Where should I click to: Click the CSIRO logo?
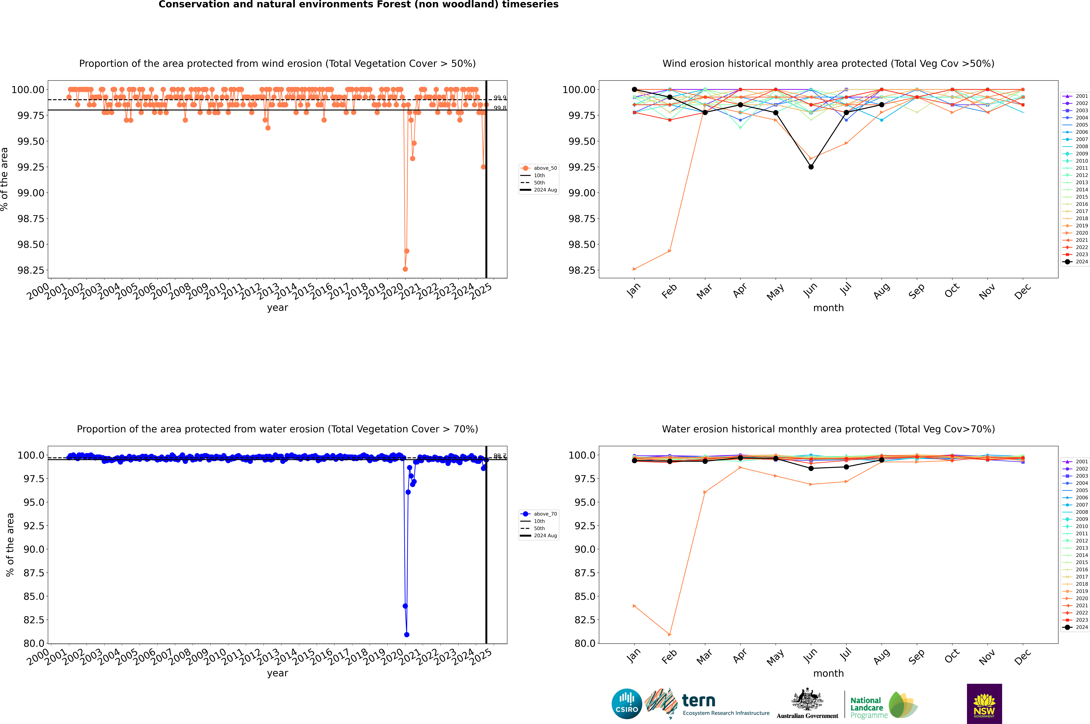pos(627,704)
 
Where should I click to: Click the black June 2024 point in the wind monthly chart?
pos(811,167)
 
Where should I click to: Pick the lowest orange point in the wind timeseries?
pos(405,269)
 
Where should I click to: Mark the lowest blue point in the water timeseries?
pos(407,634)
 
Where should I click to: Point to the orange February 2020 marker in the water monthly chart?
pos(670,634)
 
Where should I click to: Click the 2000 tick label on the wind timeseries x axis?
pos(38,292)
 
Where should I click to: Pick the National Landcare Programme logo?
pos(883,705)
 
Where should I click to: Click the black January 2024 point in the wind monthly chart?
pos(634,90)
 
